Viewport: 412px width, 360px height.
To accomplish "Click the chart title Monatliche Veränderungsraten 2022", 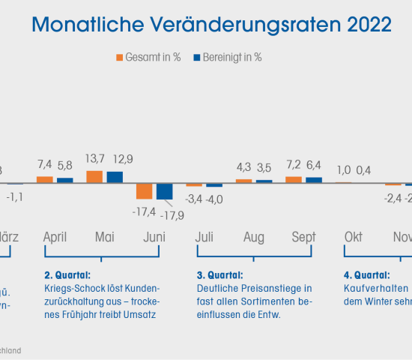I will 211,24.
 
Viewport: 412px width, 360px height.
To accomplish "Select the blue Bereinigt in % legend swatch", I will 198,57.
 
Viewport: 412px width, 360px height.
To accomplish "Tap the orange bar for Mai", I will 94,177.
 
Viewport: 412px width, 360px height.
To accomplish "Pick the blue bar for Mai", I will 115,178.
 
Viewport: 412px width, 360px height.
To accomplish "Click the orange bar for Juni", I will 144,190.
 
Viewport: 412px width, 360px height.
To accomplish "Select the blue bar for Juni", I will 164,191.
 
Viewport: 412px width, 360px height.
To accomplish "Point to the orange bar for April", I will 45,180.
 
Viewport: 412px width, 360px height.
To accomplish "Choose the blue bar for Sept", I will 314,180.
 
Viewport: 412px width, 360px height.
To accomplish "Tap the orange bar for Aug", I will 244,181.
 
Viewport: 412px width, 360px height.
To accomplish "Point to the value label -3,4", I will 194,199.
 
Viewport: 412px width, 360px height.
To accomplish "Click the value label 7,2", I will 294,163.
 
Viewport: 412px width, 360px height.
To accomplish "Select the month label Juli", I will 204,237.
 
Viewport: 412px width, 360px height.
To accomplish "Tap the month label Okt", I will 354,237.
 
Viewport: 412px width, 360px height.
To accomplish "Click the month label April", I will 55,237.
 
